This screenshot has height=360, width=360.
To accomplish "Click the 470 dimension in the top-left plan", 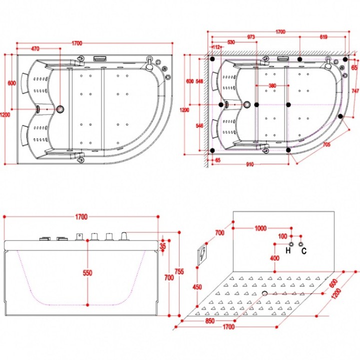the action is click(35, 48).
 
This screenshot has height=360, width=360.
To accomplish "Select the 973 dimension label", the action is click(251, 36).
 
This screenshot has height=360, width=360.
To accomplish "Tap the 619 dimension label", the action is click(323, 36).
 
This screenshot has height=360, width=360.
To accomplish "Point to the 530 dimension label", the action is click(231, 42).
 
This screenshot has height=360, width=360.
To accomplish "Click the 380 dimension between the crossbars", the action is click(272, 85).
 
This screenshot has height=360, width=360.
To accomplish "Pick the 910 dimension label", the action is click(250, 164).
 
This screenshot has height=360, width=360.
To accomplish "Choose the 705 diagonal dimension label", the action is click(326, 144).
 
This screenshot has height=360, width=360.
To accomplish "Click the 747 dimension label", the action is click(355, 91).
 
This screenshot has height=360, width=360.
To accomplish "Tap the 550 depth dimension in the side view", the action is click(87, 273).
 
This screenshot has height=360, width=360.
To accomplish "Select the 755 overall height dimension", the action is click(179, 271).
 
